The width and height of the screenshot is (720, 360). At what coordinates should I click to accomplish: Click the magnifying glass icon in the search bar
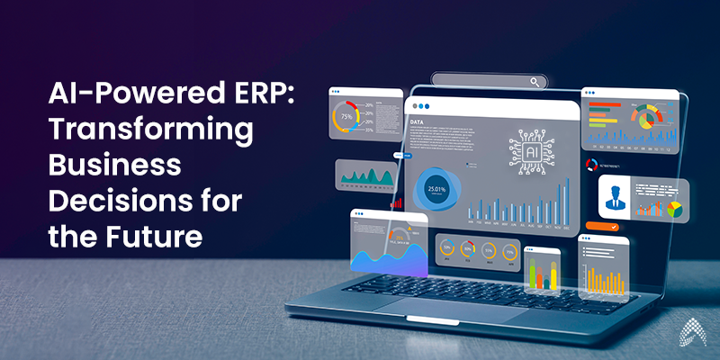click(x=536, y=83)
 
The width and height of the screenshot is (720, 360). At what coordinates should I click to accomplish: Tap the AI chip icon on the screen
click(x=528, y=149)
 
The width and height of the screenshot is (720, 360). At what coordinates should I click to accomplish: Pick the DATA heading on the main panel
click(x=418, y=121)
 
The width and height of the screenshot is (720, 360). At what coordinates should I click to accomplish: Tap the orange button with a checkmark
click(x=601, y=227)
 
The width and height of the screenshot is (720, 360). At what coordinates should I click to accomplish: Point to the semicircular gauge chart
click(x=643, y=116)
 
